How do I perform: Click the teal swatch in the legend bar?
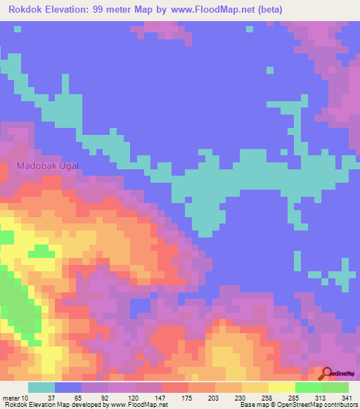click(x=41, y=387)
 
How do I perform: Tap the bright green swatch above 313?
click(x=308, y=387)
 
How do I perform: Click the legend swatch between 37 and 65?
click(x=68, y=387)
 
